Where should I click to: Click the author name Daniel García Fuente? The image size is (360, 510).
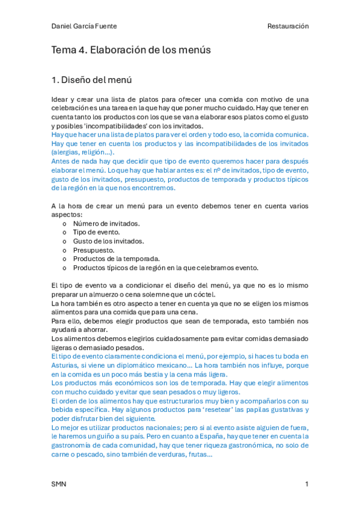click(84, 26)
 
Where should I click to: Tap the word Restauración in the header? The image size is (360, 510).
click(288, 26)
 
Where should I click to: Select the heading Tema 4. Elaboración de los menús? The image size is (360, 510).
click(131, 51)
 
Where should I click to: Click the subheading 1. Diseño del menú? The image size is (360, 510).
click(91, 79)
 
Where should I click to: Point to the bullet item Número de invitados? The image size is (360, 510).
click(106, 223)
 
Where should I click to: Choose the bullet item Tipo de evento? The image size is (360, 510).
click(96, 232)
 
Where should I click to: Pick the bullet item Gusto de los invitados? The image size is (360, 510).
click(108, 241)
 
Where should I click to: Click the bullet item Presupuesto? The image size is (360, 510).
click(94, 250)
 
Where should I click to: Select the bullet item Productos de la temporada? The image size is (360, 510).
click(116, 259)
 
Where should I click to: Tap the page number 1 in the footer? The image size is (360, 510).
click(307, 484)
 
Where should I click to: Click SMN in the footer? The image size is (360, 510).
click(59, 484)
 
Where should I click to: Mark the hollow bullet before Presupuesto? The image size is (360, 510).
click(65, 250)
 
